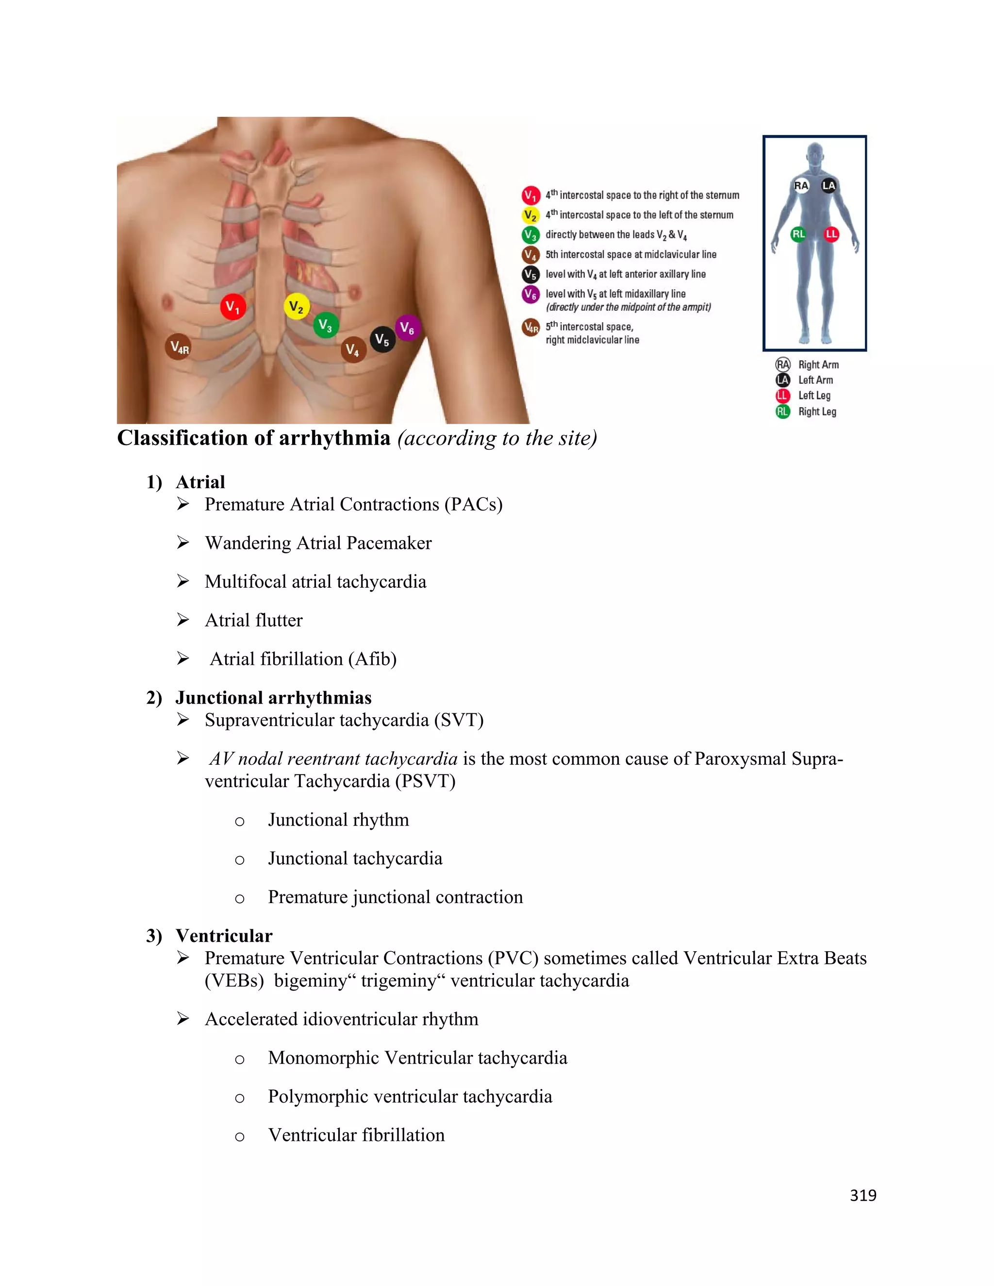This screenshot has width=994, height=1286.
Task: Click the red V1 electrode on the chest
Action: click(232, 307)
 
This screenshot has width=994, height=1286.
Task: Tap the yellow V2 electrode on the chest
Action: click(296, 307)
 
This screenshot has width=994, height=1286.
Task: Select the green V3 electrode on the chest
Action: click(326, 325)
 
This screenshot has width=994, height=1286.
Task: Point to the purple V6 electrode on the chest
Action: click(407, 328)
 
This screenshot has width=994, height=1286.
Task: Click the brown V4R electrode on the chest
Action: click(179, 347)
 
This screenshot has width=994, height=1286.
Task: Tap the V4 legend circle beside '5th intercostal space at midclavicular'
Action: click(530, 255)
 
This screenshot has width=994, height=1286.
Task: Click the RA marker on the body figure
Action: click(801, 185)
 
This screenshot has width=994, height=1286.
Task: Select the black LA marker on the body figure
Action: click(828, 185)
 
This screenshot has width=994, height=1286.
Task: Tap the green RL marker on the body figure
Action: click(798, 234)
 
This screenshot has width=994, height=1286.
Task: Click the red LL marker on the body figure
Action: click(831, 234)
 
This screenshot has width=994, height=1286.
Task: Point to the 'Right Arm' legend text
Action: click(818, 364)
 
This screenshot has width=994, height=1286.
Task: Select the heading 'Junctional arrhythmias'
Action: click(273, 698)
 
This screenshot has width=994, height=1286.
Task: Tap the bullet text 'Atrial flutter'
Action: click(253, 620)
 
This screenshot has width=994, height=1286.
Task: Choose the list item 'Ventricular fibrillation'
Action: click(356, 1135)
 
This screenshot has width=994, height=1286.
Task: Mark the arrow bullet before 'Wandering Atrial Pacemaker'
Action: click(183, 543)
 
